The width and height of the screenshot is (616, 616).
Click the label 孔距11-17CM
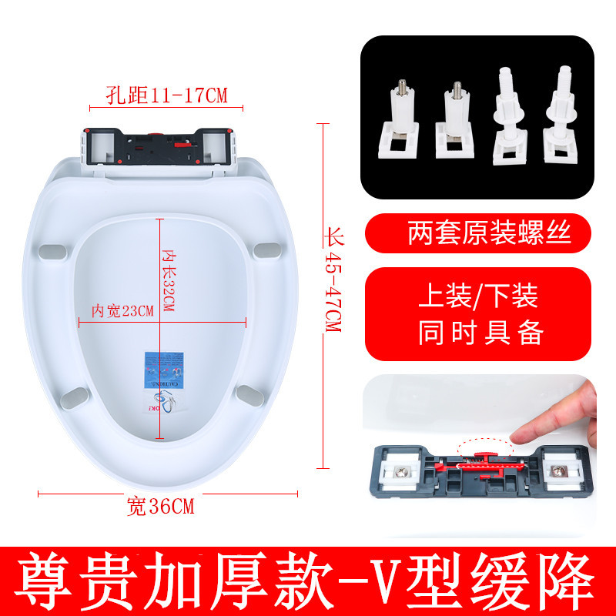point(169,95)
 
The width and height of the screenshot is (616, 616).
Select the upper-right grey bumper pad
point(266,250)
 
